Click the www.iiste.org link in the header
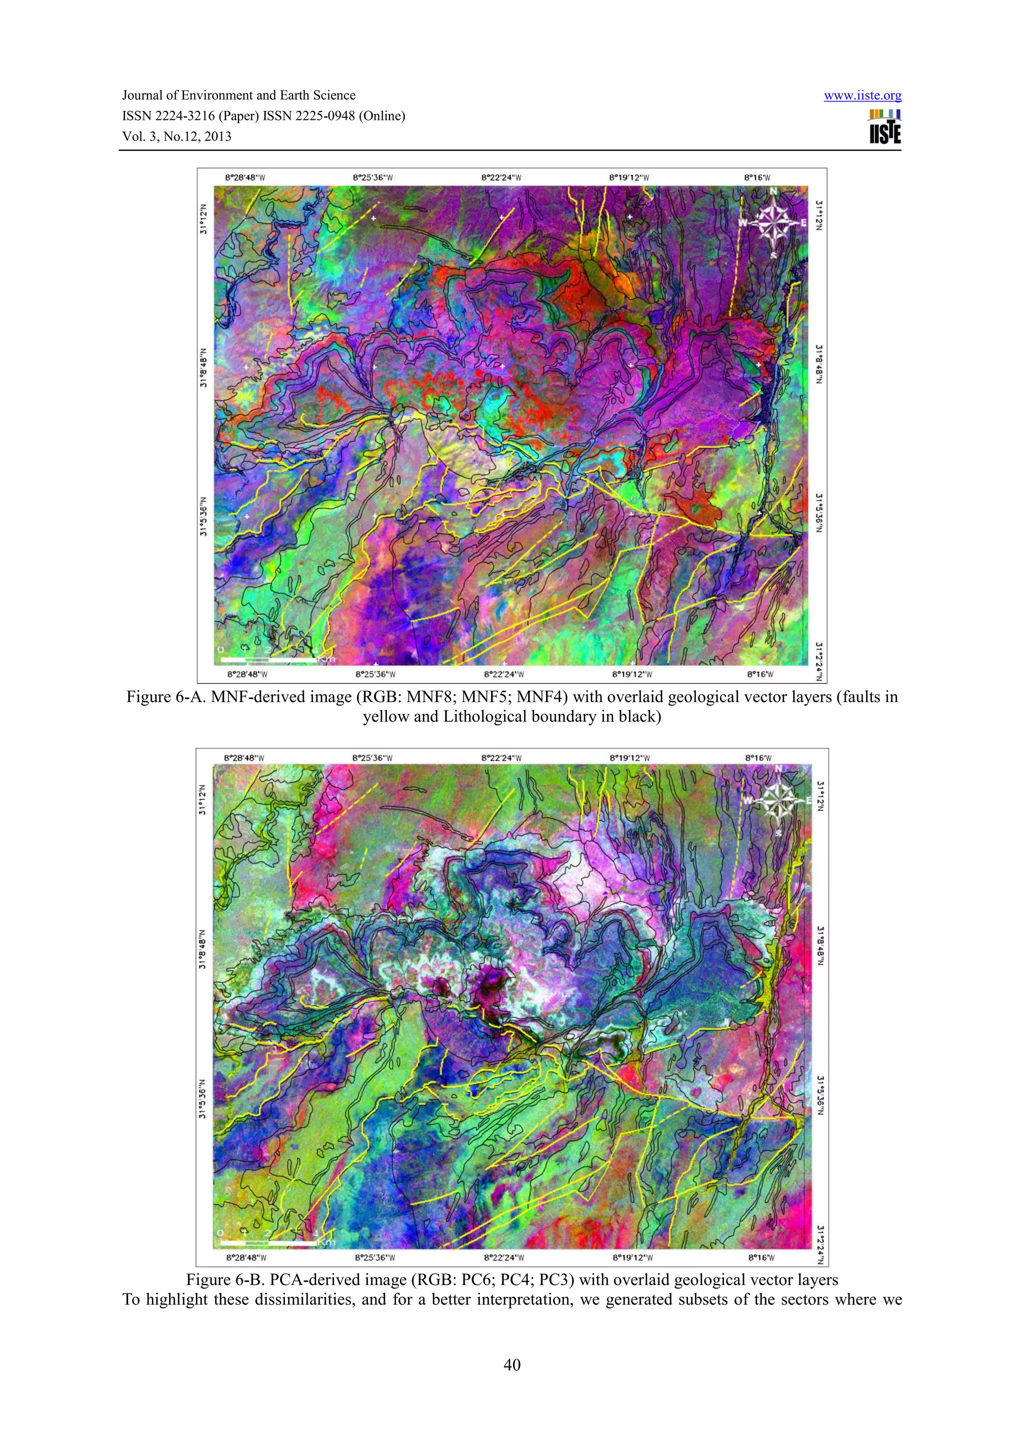click(862, 96)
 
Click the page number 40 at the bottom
click(511, 1365)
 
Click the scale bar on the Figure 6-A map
click(268, 660)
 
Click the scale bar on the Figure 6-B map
click(268, 1243)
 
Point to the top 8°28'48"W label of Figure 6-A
click(245, 178)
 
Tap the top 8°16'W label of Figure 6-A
click(757, 178)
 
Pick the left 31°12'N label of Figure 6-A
click(203, 219)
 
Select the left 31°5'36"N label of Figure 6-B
click(202, 1099)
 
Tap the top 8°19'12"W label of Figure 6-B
click(629, 758)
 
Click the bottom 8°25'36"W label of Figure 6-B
click(375, 1258)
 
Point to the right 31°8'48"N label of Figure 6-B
click(820, 945)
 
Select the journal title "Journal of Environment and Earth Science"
click(238, 95)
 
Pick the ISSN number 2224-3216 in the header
click(183, 116)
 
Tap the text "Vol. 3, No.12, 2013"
click(176, 136)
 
